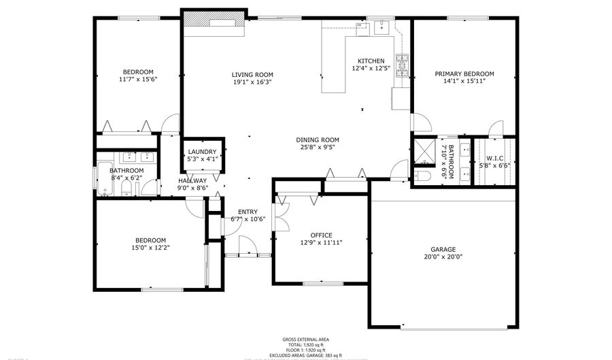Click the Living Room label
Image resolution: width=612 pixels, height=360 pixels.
252,75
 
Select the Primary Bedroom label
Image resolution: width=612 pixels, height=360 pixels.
464,73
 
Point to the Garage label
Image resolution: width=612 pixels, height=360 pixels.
443,249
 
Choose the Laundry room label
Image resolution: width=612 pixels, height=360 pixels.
202,152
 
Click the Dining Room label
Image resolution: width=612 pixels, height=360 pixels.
318,140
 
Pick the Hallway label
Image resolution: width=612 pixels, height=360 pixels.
192,180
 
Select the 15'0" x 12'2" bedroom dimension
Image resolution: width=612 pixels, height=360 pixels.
150,248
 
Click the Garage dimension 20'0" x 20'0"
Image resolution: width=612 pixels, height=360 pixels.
443,257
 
